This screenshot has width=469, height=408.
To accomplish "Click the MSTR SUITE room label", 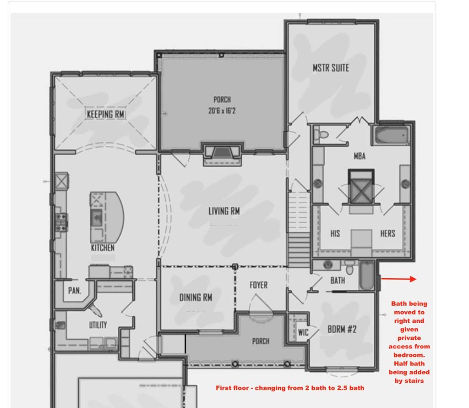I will pyautogui.click(x=331, y=68).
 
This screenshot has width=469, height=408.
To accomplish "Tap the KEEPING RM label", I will pyautogui.click(x=106, y=114).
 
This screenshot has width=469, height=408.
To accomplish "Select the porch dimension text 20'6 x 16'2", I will pyautogui.click(x=222, y=110).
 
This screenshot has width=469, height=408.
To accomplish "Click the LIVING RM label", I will pyautogui.click(x=224, y=211).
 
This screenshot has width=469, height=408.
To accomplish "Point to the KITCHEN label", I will pyautogui.click(x=103, y=248).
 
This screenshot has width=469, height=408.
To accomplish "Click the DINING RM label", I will pyautogui.click(x=196, y=297).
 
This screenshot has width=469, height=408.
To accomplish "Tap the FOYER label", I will pyautogui.click(x=258, y=285).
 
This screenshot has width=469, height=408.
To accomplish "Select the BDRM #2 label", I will pyautogui.click(x=342, y=329).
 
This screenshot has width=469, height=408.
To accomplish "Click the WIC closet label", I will pyautogui.click(x=303, y=332).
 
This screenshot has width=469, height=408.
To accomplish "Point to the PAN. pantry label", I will pyautogui.click(x=75, y=290).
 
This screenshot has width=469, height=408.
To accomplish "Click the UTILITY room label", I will pyautogui.click(x=98, y=325).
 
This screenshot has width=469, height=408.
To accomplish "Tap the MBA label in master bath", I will pyautogui.click(x=360, y=156).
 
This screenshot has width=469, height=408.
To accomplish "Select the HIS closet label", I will pyautogui.click(x=335, y=233).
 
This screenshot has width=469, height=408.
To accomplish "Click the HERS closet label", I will pyautogui.click(x=387, y=233).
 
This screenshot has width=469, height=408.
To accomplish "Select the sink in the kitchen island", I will pyautogui.click(x=96, y=218).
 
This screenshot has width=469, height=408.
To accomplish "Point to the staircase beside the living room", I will pyautogui.click(x=299, y=229).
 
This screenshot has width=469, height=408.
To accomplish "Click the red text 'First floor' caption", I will pyautogui.click(x=290, y=388).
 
